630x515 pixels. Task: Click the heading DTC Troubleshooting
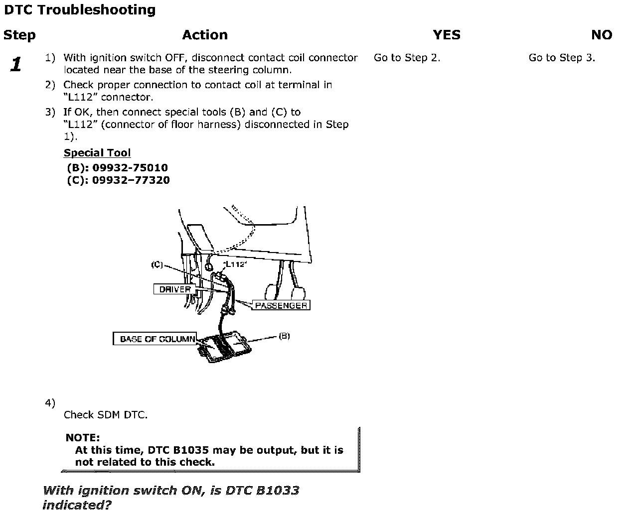tap(80, 10)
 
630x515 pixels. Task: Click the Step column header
tap(19, 35)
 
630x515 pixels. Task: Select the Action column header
tap(205, 35)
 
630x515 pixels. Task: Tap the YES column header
tap(447, 35)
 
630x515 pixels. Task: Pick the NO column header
tap(602, 35)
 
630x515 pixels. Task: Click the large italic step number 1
tap(16, 64)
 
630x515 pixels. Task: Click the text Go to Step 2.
tap(407, 58)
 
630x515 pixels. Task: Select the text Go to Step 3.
tap(562, 58)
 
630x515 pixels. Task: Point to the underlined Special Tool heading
tap(97, 153)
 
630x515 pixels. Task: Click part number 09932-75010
tap(130, 168)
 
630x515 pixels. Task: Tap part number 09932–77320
tap(131, 180)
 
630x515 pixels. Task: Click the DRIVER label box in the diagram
tap(175, 289)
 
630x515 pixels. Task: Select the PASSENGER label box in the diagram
tap(281, 305)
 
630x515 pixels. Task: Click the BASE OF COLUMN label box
tap(156, 339)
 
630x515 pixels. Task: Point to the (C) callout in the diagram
tap(157, 265)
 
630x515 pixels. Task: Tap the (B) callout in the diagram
tap(284, 336)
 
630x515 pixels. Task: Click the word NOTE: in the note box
tap(83, 438)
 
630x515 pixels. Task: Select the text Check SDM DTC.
tap(106, 415)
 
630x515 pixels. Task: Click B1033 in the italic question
tap(278, 491)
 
